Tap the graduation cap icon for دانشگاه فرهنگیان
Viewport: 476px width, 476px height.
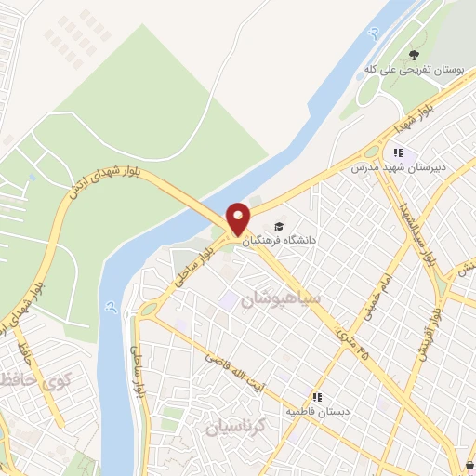point(279,226)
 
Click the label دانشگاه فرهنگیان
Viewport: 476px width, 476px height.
point(280,240)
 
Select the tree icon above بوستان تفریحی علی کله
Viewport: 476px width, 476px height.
point(414,54)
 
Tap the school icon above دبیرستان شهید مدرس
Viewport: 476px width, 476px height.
point(398,153)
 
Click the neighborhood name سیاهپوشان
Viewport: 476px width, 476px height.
point(280,299)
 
